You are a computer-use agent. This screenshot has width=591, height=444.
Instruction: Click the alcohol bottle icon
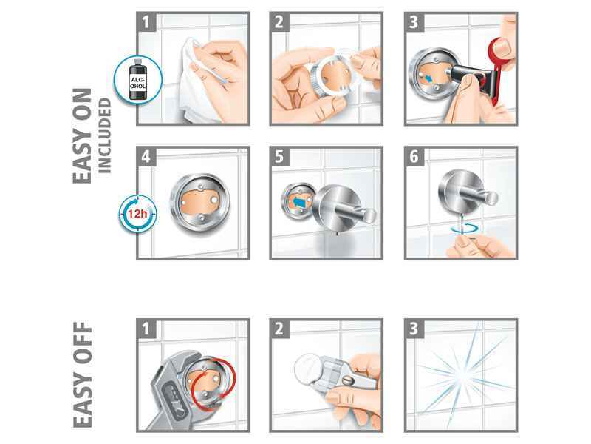[x=137, y=79]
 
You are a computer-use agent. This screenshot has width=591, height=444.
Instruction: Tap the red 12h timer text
[x=137, y=214]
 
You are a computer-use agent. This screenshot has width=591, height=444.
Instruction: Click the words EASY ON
[x=82, y=136]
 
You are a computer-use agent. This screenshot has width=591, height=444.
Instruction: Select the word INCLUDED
[x=104, y=135]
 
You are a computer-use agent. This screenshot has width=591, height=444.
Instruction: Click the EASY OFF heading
[x=82, y=374]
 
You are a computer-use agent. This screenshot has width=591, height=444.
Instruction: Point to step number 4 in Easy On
[x=146, y=156]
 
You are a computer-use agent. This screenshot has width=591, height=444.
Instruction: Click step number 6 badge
[x=414, y=156]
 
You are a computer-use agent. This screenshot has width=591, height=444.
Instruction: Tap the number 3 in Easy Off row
[x=414, y=329]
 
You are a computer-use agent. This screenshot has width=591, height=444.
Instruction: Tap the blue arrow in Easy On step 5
[x=299, y=203]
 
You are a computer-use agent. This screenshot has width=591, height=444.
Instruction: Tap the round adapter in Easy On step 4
[x=200, y=202]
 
